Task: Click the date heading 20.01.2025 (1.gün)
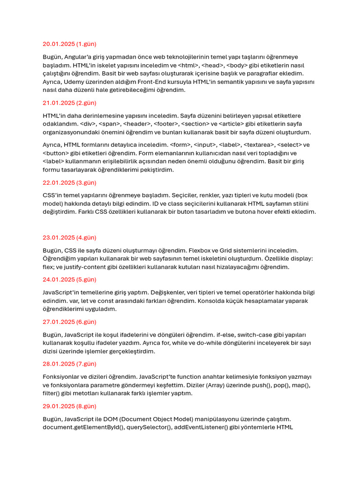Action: [x=69, y=44]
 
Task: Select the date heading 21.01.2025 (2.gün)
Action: [x=69, y=103]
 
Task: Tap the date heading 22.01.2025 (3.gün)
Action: [x=69, y=182]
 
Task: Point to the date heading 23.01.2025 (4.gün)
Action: [x=69, y=238]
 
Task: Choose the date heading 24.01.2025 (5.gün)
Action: [x=69, y=280]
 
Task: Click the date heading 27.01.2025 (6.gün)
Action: [x=69, y=322]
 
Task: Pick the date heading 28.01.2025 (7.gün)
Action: [x=69, y=364]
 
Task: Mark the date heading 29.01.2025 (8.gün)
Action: [x=69, y=406]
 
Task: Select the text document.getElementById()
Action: [x=82, y=427]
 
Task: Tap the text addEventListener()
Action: [x=201, y=427]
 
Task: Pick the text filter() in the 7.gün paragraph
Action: [x=53, y=393]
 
